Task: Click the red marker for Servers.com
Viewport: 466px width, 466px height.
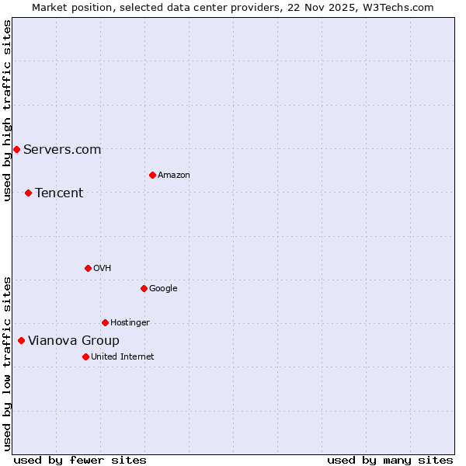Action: pyautogui.click(x=16, y=149)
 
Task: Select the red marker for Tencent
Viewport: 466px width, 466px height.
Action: pyautogui.click(x=28, y=193)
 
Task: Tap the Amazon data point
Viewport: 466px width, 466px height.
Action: pyautogui.click(x=152, y=175)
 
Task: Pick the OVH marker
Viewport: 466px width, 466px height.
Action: pyautogui.click(x=88, y=268)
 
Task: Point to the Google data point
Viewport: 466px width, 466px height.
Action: pyautogui.click(x=144, y=288)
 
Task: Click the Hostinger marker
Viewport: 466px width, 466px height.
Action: pyautogui.click(x=105, y=322)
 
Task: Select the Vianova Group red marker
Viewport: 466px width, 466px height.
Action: pyautogui.click(x=21, y=340)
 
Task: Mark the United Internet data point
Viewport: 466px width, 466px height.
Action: pyautogui.click(x=85, y=356)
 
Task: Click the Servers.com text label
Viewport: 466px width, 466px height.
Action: pyautogui.click(x=62, y=149)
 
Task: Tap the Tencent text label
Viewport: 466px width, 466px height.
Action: pyautogui.click(x=59, y=193)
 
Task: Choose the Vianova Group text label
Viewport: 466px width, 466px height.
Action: pyautogui.click(x=74, y=340)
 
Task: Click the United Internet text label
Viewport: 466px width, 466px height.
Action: pyautogui.click(x=123, y=356)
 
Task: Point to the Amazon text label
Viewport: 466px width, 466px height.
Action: pyautogui.click(x=174, y=175)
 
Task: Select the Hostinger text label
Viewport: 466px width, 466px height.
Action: pyautogui.click(x=130, y=322)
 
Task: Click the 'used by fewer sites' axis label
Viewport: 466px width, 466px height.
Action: pyautogui.click(x=80, y=460)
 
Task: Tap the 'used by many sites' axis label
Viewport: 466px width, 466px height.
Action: pyautogui.click(x=390, y=460)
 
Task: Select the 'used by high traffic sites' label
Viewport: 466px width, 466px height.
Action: pyautogui.click(x=7, y=110)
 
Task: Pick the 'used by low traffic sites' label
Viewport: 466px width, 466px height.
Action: pyautogui.click(x=7, y=363)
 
